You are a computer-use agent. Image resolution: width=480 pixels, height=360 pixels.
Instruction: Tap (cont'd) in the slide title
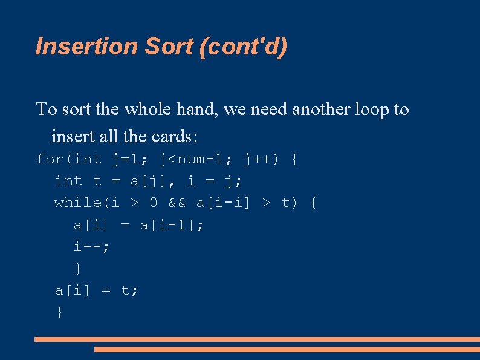tap(243, 47)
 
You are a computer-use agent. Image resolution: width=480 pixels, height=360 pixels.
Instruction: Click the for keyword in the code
tap(50, 160)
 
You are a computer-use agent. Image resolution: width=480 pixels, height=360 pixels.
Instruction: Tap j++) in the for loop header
tap(261, 160)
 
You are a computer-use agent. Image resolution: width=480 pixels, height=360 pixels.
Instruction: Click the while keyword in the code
tap(78, 203)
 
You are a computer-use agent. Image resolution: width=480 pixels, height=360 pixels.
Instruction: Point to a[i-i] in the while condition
tap(224, 203)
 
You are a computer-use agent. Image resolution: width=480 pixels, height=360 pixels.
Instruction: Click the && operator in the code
tap(177, 203)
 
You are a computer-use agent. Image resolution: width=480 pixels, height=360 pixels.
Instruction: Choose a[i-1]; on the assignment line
tap(172, 225)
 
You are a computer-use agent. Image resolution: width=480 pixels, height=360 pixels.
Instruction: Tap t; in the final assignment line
tap(129, 290)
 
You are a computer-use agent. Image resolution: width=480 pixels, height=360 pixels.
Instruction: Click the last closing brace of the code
tap(59, 312)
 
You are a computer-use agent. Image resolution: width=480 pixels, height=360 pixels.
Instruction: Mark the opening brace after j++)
tap(294, 160)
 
